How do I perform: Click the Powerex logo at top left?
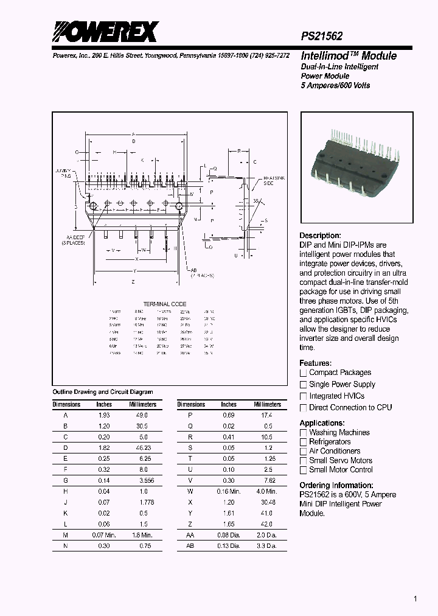click(105, 31)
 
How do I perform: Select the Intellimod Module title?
click(349, 55)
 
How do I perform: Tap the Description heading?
click(320, 236)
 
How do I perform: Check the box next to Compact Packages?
click(303, 373)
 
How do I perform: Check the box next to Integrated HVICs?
click(303, 396)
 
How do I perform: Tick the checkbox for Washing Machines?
click(303, 433)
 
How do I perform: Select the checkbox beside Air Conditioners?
click(303, 452)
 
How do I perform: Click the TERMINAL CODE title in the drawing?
click(164, 304)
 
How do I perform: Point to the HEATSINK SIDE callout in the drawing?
click(273, 180)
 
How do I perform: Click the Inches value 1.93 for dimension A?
click(104, 415)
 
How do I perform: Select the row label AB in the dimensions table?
click(190, 546)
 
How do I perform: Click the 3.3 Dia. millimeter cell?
click(267, 546)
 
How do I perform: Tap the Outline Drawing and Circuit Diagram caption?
click(103, 392)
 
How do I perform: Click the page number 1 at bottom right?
click(415, 599)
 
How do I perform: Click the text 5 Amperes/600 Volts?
click(335, 85)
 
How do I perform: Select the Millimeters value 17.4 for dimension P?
click(267, 415)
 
